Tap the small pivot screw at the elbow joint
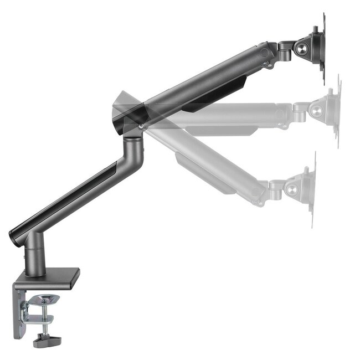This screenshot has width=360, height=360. [x=142, y=127]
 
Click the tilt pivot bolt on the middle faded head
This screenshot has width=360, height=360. [x=315, y=111]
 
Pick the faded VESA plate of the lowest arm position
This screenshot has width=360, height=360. [x=311, y=188]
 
